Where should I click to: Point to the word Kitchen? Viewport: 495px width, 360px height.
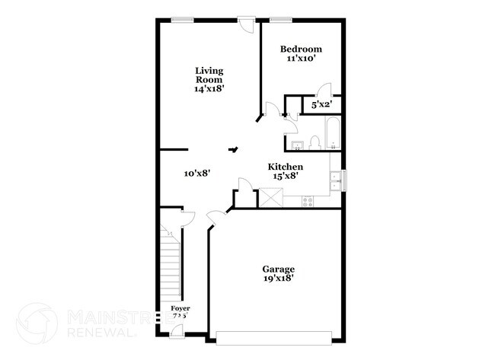pos(286,167)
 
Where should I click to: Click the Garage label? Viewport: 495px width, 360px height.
pos(278,269)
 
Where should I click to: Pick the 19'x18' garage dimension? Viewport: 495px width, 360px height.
pos(278,279)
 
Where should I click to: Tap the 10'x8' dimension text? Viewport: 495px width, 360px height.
pos(197,174)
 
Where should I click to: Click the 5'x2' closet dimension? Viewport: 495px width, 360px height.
pos(321,104)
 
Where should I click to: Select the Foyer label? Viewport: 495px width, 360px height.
pos(179,309)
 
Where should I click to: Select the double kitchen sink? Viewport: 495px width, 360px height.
pos(335,180)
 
